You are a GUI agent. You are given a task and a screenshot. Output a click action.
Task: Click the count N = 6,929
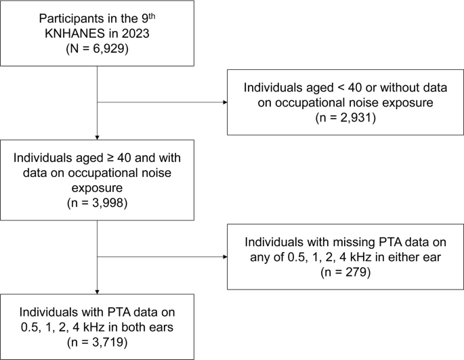pos(97,48)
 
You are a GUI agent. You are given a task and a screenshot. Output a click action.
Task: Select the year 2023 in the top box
pos(135,33)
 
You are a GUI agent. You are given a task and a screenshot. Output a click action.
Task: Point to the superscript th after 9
pos(152,16)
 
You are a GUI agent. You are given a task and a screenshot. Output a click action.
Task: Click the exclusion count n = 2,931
pos(345,118)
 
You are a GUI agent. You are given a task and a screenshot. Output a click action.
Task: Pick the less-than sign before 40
pos(339,87)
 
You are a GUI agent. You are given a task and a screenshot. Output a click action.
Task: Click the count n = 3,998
pos(97,203)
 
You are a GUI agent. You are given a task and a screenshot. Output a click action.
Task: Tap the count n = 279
pos(345,272)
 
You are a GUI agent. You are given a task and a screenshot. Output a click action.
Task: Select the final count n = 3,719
pos(97,342)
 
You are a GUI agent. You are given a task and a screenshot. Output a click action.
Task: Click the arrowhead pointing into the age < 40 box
pos(225,102)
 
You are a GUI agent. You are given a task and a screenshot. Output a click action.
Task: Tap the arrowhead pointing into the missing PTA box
pos(225,256)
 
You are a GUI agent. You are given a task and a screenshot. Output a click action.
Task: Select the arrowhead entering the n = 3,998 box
pos(97,138)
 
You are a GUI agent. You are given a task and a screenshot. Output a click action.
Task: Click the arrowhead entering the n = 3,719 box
pos(97,292)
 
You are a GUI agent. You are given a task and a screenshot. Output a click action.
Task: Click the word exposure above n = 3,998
pos(97,188)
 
